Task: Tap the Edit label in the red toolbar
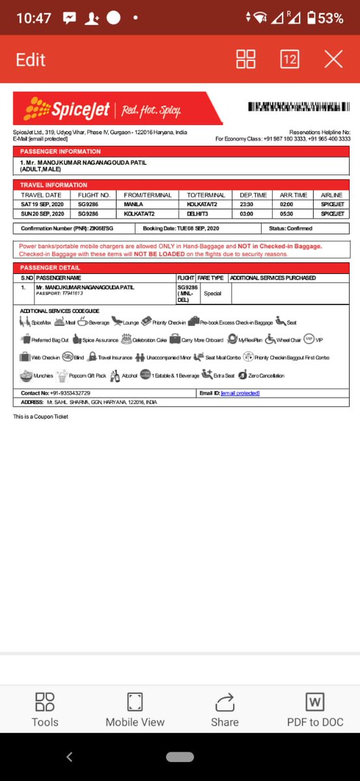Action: (x=31, y=60)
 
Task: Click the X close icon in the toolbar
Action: (x=333, y=60)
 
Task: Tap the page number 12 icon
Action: (x=290, y=60)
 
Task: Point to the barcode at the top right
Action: (x=298, y=108)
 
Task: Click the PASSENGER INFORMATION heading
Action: (x=61, y=151)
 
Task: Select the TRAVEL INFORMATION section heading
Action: (x=53, y=185)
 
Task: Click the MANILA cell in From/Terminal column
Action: (x=133, y=204)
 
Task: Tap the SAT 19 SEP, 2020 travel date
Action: (x=42, y=204)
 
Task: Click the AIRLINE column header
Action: (x=331, y=195)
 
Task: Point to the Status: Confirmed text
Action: (x=290, y=228)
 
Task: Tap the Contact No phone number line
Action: (x=55, y=393)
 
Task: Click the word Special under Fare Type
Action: (x=213, y=294)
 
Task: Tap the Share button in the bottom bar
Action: (x=225, y=709)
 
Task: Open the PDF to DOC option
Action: (x=315, y=709)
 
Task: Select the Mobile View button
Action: (x=135, y=709)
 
